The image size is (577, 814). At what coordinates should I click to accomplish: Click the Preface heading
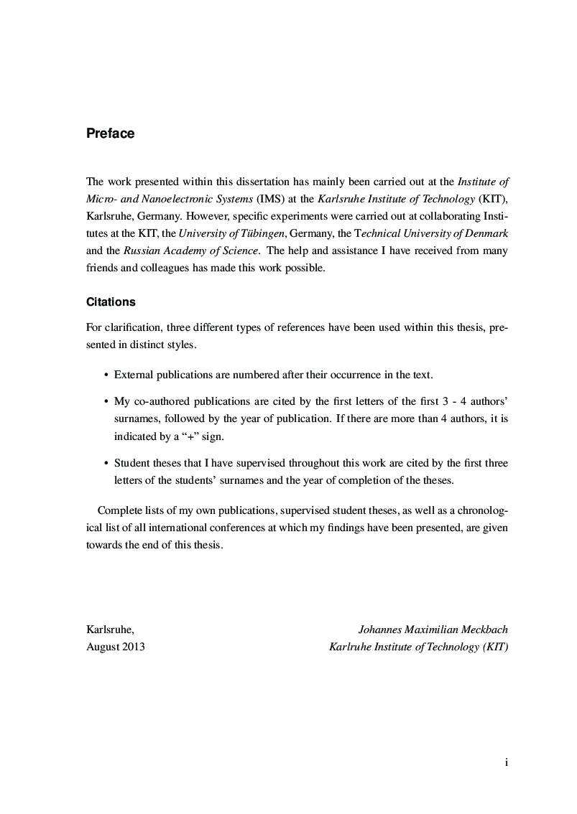(110, 134)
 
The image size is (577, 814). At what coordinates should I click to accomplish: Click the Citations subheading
(111, 302)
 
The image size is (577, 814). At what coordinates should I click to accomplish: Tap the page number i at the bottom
(507, 763)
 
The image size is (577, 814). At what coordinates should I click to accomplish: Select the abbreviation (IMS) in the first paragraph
(270, 200)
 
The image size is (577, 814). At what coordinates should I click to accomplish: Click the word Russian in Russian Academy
(142, 251)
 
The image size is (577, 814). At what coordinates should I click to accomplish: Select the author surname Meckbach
(483, 630)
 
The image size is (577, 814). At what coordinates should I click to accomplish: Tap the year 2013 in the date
(133, 647)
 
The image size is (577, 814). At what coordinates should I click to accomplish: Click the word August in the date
(102, 647)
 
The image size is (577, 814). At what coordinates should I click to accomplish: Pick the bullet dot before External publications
(106, 375)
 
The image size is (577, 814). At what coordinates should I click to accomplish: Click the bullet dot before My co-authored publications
(106, 401)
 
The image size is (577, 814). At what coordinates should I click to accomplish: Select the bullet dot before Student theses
(106, 463)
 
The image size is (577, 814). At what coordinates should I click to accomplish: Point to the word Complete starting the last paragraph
(119, 510)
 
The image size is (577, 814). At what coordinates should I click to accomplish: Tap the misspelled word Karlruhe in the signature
(349, 647)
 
